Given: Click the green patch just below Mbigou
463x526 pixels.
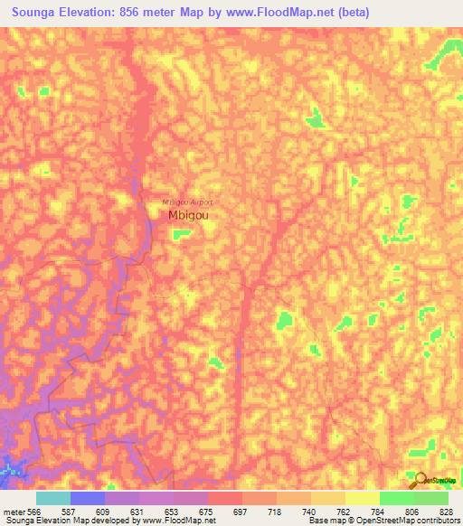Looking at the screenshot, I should click(182, 234).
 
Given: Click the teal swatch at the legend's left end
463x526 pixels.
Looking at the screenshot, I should click(53, 498).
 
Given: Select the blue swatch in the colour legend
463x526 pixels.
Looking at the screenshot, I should click(88, 498).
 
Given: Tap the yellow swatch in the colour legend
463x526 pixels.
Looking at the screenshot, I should click(362, 498).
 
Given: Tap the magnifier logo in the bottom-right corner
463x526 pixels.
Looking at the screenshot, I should click(419, 480).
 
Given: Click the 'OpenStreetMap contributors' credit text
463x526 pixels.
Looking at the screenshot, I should click(410, 521).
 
